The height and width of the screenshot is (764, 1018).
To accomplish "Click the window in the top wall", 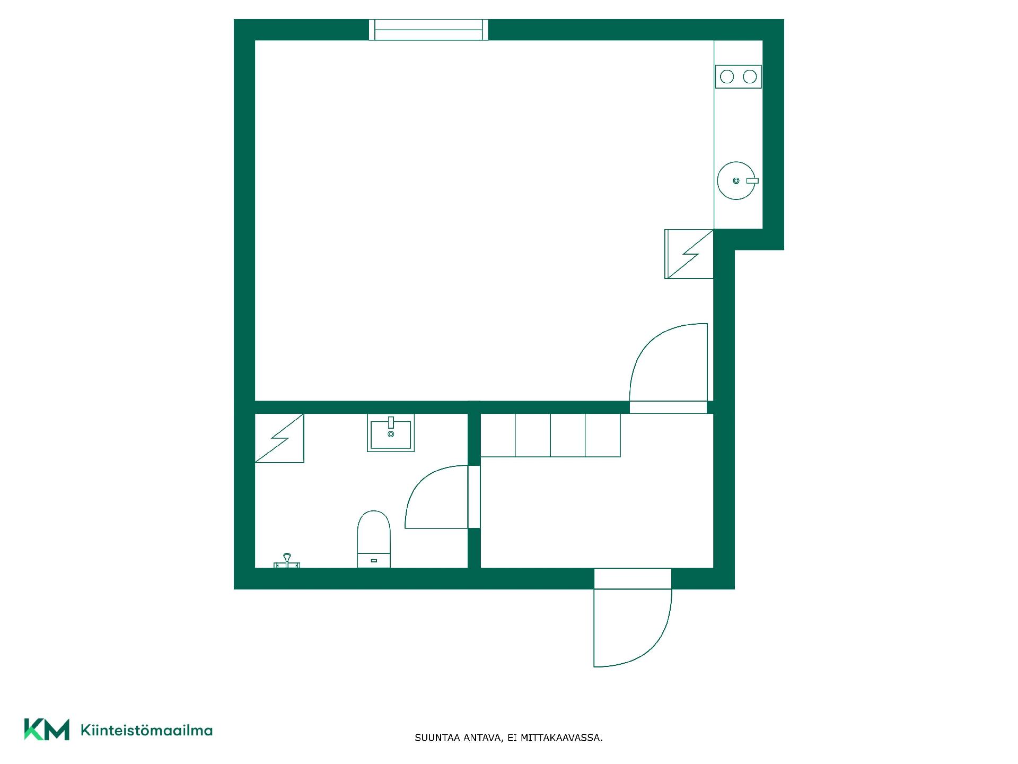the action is point(428,30).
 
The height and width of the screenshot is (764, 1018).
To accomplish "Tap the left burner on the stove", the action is point(727,77).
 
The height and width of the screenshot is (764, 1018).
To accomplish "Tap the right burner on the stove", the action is point(750,77).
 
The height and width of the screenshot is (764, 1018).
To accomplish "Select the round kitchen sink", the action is point(736,181).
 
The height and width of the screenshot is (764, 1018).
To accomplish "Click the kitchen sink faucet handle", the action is point(752,181).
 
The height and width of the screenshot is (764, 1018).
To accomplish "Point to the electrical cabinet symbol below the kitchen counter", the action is point(689,254).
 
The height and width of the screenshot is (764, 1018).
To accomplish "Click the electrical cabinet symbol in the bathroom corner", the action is point(279,438).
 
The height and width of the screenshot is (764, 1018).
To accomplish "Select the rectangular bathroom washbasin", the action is point(391,433).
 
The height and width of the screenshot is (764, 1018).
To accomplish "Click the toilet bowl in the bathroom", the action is point(374,539).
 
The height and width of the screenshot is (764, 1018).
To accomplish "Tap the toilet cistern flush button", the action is point(374,560).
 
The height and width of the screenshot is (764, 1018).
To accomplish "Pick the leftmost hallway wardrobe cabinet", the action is point(498,435).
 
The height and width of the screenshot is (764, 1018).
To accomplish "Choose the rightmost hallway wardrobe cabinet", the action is point(603,435).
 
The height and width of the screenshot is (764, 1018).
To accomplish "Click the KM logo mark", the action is point(47,730).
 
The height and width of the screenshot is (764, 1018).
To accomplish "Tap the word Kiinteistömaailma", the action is point(146,731).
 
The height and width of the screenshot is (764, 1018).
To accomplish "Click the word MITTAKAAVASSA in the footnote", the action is point(561,738).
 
